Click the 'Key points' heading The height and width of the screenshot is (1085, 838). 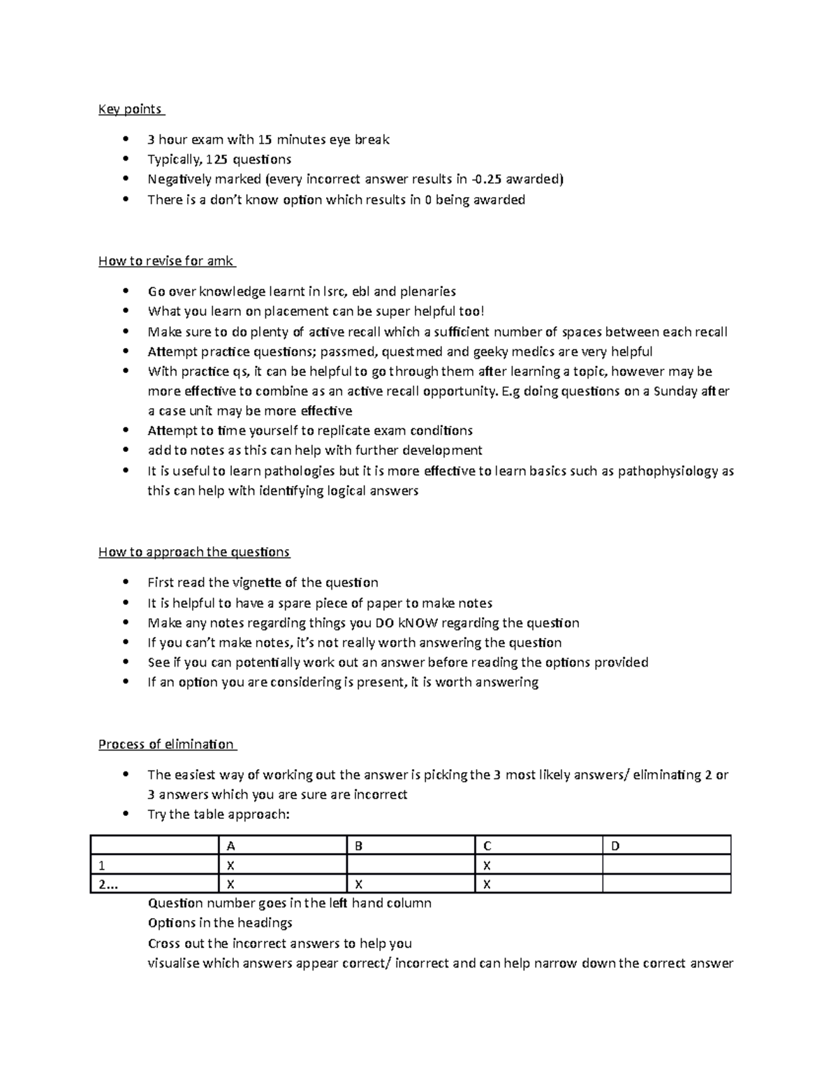pyautogui.click(x=131, y=109)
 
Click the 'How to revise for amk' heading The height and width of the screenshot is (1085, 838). pyautogui.click(x=166, y=261)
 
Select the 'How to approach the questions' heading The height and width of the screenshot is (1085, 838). pyautogui.click(x=194, y=552)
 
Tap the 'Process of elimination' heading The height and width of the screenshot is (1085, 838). pyautogui.click(x=166, y=744)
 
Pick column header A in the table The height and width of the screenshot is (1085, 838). pyautogui.click(x=231, y=846)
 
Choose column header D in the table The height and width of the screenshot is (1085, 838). pyautogui.click(x=615, y=846)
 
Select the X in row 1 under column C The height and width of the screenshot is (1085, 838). pyautogui.click(x=487, y=866)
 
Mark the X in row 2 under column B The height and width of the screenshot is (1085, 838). pyautogui.click(x=359, y=884)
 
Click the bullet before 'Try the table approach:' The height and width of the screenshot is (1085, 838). pyautogui.click(x=126, y=814)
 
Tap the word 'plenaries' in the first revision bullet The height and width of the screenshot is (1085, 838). pyautogui.click(x=427, y=291)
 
